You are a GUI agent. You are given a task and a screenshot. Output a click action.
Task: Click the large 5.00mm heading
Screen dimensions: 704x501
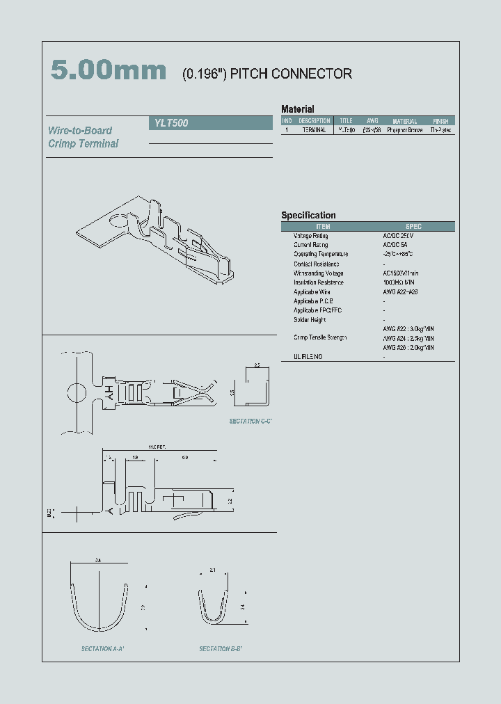(x=109, y=71)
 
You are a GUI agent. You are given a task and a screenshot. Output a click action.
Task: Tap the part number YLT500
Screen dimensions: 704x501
(x=170, y=123)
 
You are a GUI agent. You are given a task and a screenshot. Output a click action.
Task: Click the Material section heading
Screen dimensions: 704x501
(x=297, y=109)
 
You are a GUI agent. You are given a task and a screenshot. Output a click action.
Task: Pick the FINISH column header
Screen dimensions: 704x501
(x=440, y=121)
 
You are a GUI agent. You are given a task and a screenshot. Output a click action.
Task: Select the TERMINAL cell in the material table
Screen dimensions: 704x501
(x=314, y=130)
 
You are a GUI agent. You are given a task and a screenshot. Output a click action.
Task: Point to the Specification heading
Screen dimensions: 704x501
(x=308, y=216)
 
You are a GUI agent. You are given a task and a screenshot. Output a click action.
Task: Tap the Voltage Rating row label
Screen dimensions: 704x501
(x=310, y=236)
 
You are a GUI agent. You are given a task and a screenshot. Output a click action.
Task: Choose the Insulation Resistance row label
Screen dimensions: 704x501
(x=318, y=282)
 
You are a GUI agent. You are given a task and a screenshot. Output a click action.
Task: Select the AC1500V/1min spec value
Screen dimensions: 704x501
(x=401, y=273)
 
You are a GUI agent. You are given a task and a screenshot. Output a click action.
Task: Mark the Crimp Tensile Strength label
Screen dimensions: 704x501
(x=320, y=337)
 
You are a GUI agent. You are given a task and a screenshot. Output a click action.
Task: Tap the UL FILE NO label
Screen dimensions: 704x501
(x=308, y=356)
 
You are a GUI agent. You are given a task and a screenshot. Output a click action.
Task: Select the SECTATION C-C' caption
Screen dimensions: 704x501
(x=250, y=422)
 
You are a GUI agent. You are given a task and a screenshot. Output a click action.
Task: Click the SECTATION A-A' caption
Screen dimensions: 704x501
(x=102, y=648)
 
